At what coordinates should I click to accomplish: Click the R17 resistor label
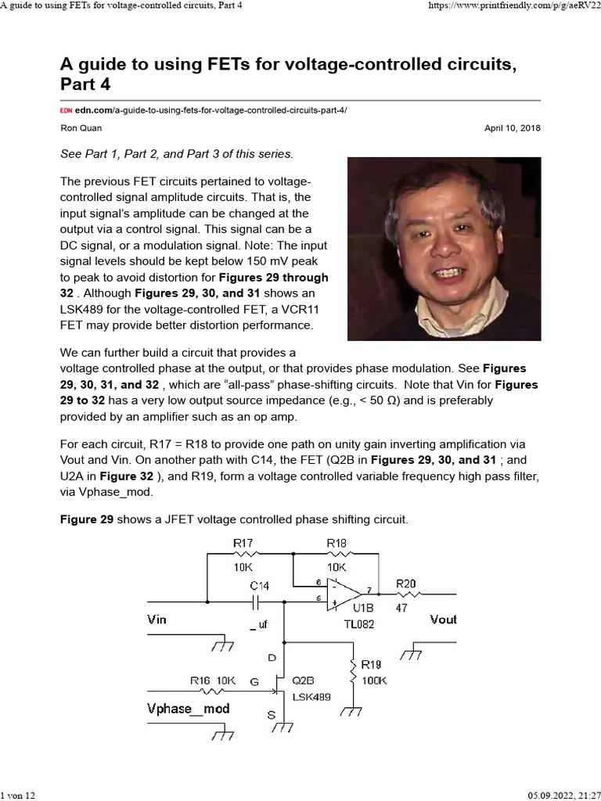(243, 542)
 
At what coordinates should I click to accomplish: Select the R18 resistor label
(336, 542)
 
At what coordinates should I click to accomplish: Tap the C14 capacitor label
(259, 585)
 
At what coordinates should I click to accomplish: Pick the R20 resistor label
(406, 583)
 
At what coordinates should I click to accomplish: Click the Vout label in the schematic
(443, 620)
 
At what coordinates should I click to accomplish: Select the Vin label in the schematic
(157, 620)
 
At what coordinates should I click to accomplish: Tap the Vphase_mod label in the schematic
(189, 709)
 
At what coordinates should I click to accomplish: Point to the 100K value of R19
(374, 681)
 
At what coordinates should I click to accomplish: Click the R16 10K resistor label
(213, 681)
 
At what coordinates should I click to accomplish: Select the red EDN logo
(67, 110)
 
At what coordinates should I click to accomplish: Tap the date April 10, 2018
(513, 128)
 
